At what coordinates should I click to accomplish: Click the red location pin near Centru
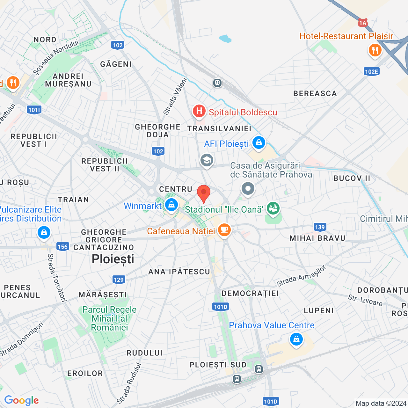tap(203, 193)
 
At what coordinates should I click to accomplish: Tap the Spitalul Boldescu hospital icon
tap(199, 111)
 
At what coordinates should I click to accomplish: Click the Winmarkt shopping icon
tap(171, 205)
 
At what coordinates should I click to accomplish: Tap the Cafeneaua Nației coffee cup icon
tap(224, 229)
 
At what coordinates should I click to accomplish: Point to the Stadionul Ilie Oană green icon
tap(273, 208)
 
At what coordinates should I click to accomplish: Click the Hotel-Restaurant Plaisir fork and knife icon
tap(375, 50)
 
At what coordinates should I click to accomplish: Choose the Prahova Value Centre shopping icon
tap(296, 339)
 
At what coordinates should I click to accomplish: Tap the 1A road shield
tap(362, 23)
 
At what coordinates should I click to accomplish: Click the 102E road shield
tap(371, 71)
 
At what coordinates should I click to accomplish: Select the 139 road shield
tap(320, 227)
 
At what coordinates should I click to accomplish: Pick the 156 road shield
tap(62, 246)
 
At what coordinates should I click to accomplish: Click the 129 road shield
tap(119, 280)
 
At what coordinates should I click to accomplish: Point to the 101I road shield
tap(34, 110)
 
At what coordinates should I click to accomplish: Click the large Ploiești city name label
tap(113, 259)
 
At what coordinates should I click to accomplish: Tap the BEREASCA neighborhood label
tap(315, 93)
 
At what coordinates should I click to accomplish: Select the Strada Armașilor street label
tap(301, 276)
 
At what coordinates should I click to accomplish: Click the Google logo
tap(21, 400)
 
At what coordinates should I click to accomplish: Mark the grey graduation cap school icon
tap(207, 160)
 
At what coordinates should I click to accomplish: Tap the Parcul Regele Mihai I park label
tap(109, 318)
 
